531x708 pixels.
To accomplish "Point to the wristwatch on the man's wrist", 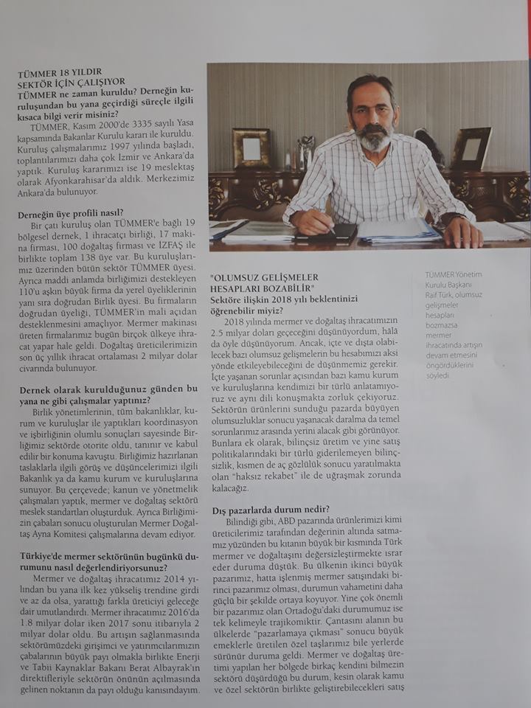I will pos(451,219).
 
